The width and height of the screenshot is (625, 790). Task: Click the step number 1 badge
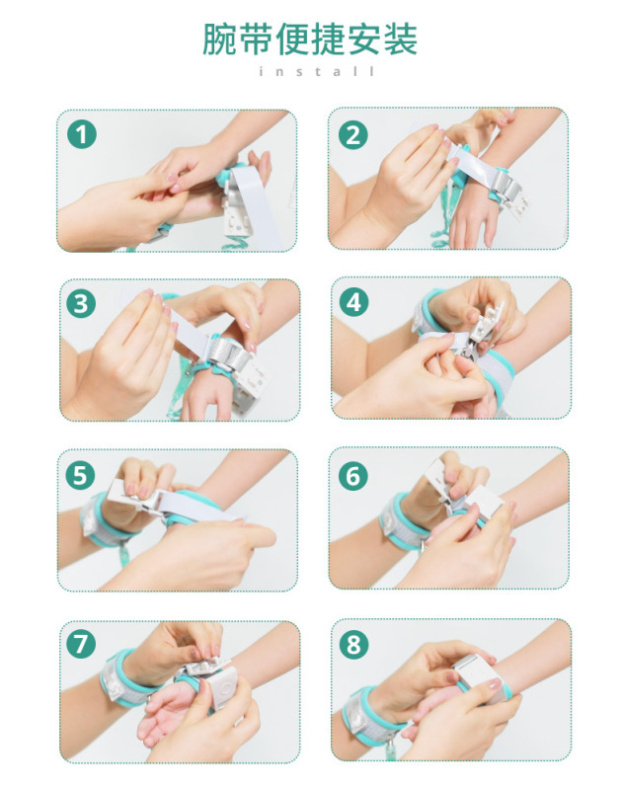coord(82,134)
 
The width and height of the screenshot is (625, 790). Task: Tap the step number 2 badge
coord(353,134)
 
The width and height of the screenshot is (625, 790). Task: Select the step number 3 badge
coord(81,303)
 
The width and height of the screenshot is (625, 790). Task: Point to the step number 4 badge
coord(353,303)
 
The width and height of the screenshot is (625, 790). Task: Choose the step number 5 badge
coord(81,475)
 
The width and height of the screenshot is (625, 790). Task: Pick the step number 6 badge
coord(353,475)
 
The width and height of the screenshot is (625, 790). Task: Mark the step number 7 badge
coord(81,644)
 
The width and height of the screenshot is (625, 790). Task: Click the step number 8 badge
coord(354,644)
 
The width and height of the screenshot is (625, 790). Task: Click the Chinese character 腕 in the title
coord(219,39)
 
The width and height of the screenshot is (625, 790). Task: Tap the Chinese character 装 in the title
coord(401,39)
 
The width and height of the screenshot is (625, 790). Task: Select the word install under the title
coord(317,71)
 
